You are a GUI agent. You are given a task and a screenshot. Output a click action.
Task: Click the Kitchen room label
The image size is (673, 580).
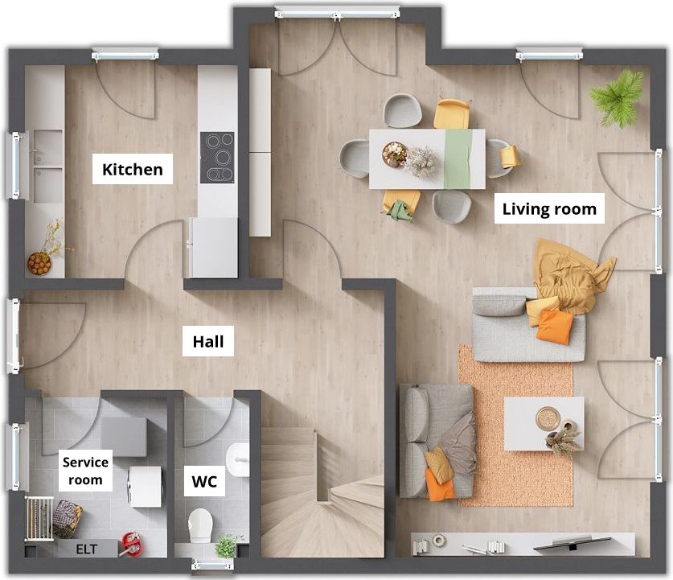(x=133, y=169)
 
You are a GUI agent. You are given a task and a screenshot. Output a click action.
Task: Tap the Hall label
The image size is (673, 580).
(x=208, y=341)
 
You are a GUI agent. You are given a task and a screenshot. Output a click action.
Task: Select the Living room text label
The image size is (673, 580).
(x=549, y=209)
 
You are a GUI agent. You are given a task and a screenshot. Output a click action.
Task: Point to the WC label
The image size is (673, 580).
(x=204, y=481)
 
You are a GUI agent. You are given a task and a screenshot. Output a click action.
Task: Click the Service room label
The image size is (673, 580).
(x=85, y=471)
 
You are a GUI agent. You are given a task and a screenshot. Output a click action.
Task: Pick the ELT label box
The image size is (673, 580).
(x=87, y=549)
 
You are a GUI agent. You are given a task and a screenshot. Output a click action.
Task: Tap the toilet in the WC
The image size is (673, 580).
(x=200, y=525)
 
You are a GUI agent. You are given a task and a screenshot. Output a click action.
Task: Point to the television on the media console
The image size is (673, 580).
(x=572, y=543)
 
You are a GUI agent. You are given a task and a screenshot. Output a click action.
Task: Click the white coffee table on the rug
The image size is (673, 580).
(x=544, y=423)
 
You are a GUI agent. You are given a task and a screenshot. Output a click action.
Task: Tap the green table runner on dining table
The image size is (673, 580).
(x=458, y=158)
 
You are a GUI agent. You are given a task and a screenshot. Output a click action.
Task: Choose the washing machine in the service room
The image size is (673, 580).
(x=145, y=487)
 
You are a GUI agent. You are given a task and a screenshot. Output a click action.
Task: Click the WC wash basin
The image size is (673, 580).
(x=237, y=460)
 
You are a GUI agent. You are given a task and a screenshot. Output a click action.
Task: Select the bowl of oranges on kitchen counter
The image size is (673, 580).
(x=39, y=263)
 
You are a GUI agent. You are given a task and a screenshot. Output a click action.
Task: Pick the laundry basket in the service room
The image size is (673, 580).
(x=68, y=519)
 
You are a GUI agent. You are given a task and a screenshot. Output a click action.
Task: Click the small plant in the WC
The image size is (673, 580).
(x=227, y=545)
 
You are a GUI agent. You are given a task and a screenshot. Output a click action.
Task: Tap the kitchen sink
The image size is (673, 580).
(x=47, y=166)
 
